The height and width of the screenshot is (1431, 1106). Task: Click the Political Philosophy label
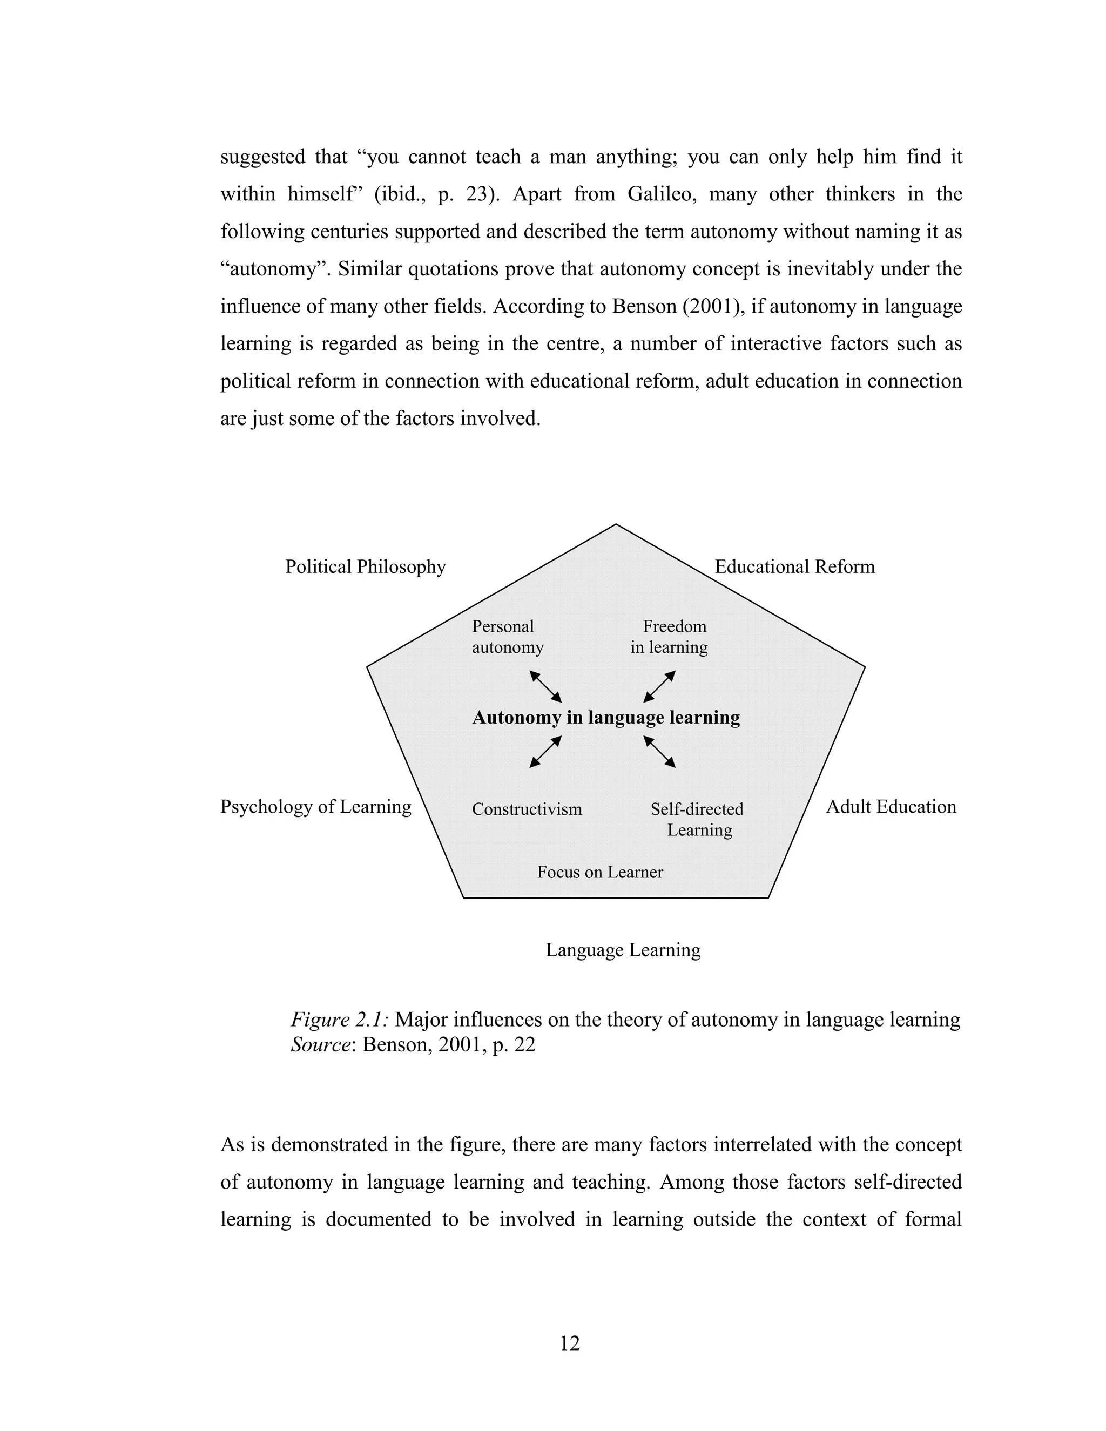click(x=365, y=567)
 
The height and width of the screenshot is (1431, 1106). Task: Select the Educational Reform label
click(x=794, y=567)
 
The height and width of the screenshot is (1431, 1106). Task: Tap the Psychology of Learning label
click(x=315, y=807)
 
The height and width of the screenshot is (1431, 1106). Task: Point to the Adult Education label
click(x=891, y=807)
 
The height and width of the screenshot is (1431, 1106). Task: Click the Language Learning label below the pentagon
click(x=623, y=950)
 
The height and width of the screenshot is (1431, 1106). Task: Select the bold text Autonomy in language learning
click(x=606, y=718)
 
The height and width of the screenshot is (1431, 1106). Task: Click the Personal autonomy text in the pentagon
click(x=507, y=637)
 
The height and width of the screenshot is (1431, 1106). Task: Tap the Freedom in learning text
click(x=670, y=637)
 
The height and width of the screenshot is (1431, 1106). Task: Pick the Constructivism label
click(x=527, y=809)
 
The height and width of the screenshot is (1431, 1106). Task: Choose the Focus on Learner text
click(x=599, y=872)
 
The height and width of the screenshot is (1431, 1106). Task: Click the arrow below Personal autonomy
click(x=545, y=686)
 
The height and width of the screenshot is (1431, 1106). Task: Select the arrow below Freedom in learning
click(x=659, y=686)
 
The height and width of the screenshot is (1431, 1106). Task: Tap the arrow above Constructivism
click(x=545, y=752)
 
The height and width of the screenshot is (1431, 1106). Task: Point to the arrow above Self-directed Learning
click(x=659, y=752)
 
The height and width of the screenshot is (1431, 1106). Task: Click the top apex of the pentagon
click(x=615, y=525)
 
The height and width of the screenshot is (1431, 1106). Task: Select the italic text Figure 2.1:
click(x=340, y=1020)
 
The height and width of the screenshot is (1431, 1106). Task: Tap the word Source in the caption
click(x=319, y=1044)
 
